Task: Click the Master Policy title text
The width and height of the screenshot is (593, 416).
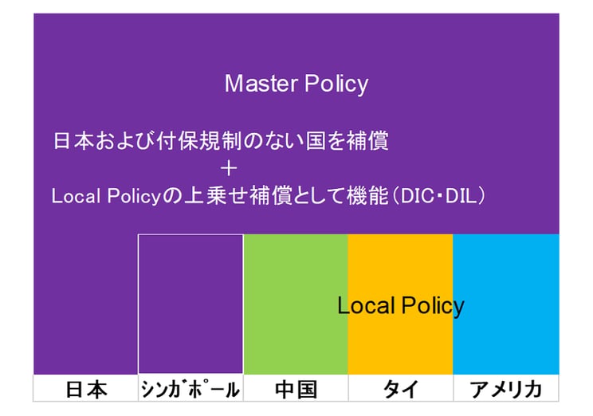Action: (x=296, y=84)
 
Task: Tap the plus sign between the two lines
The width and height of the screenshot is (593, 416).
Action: (x=230, y=168)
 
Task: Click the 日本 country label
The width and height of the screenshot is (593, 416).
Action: (x=85, y=390)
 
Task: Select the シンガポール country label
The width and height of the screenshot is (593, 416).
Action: (x=190, y=390)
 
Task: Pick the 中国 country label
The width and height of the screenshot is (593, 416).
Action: (x=296, y=390)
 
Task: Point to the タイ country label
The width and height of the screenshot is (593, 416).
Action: (x=400, y=390)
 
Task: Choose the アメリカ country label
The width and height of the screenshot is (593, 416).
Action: (x=505, y=390)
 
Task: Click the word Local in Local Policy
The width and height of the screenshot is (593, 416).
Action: (x=362, y=305)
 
